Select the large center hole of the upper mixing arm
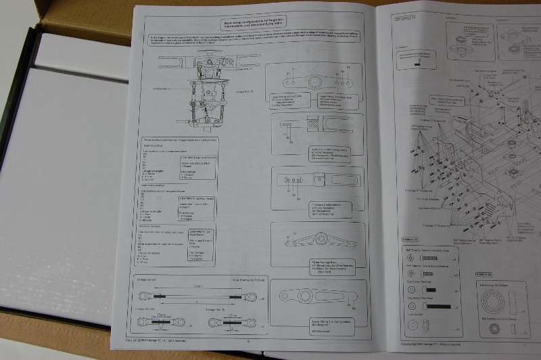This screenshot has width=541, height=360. (x=315, y=83)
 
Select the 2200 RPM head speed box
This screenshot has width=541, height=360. (x=197, y=233)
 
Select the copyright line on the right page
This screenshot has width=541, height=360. (x=423, y=344)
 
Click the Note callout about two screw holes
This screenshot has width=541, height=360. (x=413, y=55)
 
